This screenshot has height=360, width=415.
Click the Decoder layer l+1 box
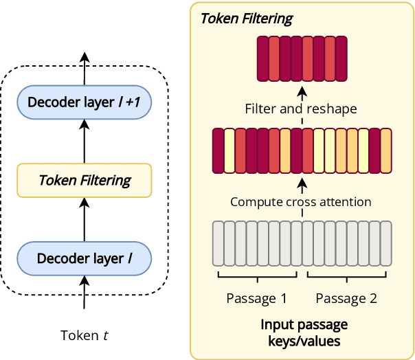click(x=84, y=103)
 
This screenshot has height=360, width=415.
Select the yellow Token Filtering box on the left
click(x=84, y=181)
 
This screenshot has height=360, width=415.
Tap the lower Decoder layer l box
click(x=84, y=258)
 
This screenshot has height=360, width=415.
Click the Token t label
click(x=84, y=335)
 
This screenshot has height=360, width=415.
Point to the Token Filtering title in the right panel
click(x=246, y=19)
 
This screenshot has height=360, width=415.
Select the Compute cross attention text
click(x=301, y=202)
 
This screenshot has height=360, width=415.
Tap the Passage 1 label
click(x=257, y=299)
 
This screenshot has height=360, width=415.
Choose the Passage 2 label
click(x=346, y=299)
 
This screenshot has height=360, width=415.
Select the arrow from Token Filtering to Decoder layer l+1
click(x=84, y=142)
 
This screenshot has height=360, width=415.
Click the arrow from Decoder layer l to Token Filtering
click(x=84, y=219)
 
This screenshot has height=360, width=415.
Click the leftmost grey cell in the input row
click(x=218, y=243)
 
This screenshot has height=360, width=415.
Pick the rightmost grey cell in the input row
click(x=385, y=243)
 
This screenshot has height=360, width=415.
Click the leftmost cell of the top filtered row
click(x=262, y=59)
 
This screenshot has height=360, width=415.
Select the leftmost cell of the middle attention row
click(x=218, y=150)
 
